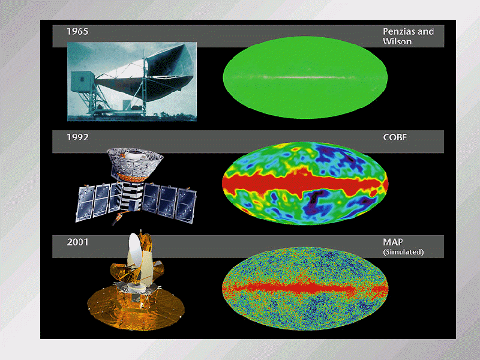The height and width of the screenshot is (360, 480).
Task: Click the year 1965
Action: [77, 32]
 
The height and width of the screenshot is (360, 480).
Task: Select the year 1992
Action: [77, 137]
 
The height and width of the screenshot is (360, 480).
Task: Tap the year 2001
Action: [77, 242]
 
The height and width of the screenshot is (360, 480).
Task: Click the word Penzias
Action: [398, 32]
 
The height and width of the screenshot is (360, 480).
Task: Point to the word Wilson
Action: [397, 41]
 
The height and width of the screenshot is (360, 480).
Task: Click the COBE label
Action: [395, 137]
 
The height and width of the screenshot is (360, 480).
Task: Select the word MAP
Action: [393, 242]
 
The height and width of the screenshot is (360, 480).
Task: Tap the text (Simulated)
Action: [403, 252]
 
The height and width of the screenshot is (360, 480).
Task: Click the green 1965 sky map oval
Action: [305, 77]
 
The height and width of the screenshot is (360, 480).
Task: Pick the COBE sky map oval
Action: [305, 183]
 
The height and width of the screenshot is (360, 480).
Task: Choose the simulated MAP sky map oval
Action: [305, 289]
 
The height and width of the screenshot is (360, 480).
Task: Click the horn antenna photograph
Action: [132, 82]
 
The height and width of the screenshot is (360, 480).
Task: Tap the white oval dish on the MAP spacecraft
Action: [134, 253]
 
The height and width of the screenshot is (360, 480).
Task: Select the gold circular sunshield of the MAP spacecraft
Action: [136, 308]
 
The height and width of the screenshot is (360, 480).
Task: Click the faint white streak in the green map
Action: [305, 77]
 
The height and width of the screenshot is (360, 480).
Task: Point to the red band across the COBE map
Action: [305, 184]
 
